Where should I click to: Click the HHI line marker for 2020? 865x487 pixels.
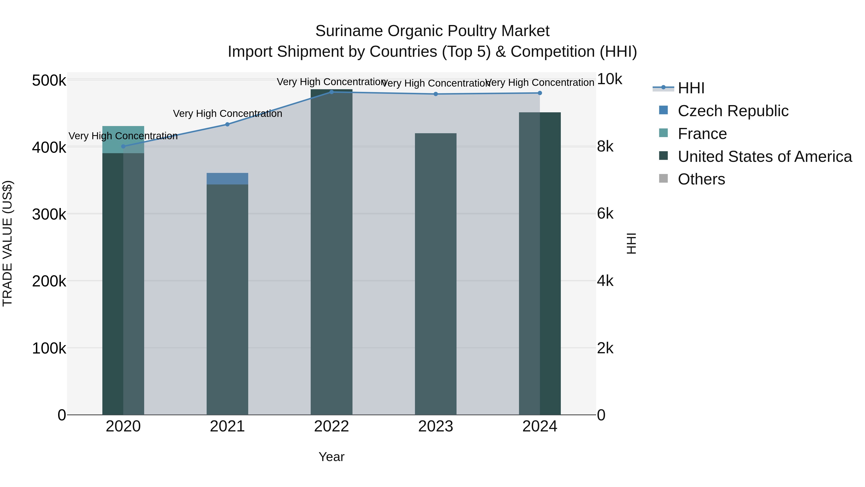coord(123,146)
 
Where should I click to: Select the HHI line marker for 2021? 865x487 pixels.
coord(227,124)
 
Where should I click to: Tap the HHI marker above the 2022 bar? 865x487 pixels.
coord(331,92)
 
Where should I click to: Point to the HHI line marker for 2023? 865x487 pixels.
coord(436,94)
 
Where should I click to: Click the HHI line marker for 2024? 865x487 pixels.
coord(540,93)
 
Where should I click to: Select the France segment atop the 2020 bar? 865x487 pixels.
coord(123,139)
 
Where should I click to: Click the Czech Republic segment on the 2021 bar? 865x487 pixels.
coord(227,178)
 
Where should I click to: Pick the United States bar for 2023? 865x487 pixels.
coord(436,274)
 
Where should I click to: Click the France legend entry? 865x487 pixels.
coord(702,134)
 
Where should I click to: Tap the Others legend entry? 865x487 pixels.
coord(701,179)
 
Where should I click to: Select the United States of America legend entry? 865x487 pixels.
coord(765,157)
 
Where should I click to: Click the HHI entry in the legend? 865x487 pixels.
coord(691,88)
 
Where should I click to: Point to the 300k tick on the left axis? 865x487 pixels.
coord(49,214)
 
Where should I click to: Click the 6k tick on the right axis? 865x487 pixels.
coord(605,214)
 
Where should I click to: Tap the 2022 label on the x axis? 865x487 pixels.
coord(331,426)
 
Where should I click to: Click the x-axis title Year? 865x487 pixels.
coord(331,457)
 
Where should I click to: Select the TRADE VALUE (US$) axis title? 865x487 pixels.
coord(7,243)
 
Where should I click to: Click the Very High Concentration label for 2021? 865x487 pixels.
coord(227,114)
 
